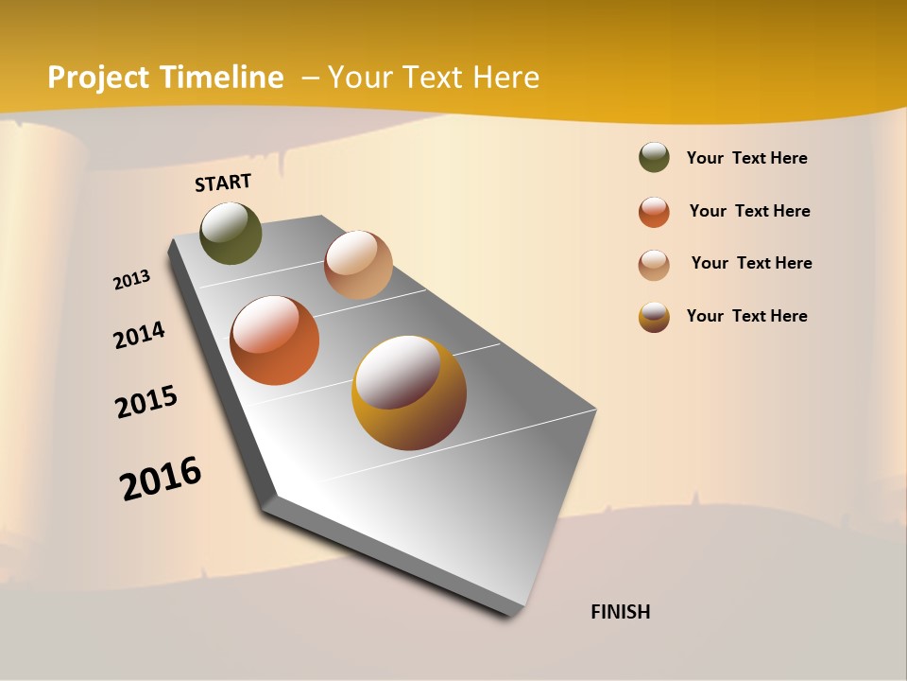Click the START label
223,183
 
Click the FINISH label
620,612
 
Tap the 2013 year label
131,280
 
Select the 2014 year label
139,335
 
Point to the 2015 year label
146,402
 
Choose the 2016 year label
161,479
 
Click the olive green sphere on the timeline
231,233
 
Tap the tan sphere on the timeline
358,265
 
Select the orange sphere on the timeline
274,340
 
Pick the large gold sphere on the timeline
409,393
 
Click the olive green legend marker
654,158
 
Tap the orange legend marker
654,212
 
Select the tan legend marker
654,265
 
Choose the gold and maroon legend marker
654,317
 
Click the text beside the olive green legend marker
746,158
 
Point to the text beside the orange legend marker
749,211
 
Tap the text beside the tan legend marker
751,263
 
